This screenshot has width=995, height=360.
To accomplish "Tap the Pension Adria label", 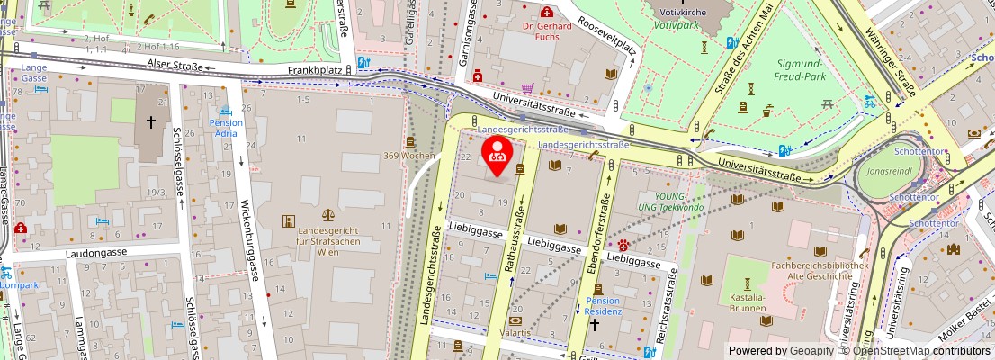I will (226, 128).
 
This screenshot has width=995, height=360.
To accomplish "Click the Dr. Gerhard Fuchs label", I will (547, 31).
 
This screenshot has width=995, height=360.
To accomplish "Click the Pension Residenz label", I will (603, 306).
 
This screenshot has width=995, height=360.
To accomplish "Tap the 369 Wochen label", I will (414, 156).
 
